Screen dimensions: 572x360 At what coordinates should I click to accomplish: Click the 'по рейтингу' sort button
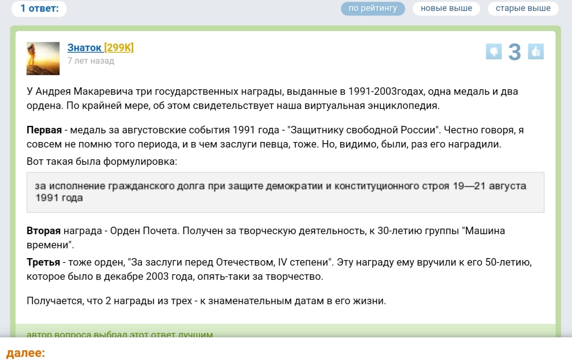pos(373,9)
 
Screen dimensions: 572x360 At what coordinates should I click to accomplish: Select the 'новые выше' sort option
pos(446,9)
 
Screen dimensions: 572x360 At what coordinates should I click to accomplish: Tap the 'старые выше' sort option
pos(523,9)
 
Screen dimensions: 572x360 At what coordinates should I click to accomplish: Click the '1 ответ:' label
pos(39,9)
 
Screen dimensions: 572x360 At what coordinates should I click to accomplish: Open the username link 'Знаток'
pos(84,48)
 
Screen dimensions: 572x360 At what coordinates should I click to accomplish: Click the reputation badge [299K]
pos(119,48)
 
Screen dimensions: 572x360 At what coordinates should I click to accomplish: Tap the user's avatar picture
pos(43,59)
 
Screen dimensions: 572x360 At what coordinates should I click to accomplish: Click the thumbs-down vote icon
pos(494,52)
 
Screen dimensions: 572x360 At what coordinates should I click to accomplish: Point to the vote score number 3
pos(515,52)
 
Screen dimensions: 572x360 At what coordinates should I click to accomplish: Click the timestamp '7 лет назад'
pos(91,61)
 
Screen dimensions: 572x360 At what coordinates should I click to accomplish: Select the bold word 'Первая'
pos(44,130)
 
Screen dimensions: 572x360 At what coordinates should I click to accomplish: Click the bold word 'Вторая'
pos(44,231)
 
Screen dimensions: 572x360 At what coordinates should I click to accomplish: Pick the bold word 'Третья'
pos(43,262)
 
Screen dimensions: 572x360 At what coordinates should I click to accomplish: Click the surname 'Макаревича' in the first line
pos(103,91)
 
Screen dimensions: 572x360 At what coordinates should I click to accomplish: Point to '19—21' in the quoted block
pos(469,186)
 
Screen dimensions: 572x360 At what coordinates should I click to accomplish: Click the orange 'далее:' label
pos(26,353)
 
